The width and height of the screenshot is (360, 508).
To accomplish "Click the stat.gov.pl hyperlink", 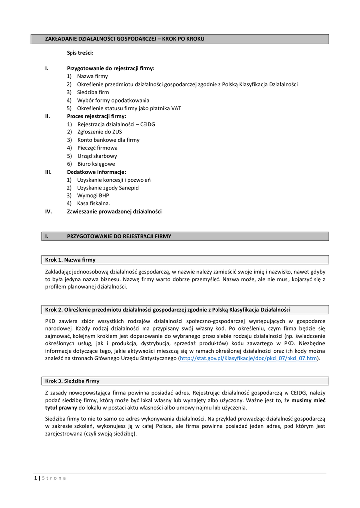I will (248, 358).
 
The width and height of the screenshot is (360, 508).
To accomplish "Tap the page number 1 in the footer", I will (36, 478).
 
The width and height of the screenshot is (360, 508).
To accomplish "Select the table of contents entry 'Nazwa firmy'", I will (92, 76).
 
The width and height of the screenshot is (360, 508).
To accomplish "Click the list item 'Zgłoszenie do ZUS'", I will (99, 132).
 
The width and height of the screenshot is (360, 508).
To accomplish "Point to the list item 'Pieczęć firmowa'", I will (97, 148).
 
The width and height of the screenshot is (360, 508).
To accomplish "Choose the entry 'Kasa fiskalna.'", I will (93, 203).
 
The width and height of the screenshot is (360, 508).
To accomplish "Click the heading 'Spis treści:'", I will (80, 52).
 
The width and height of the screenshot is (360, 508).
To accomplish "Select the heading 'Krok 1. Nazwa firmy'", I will (70, 260).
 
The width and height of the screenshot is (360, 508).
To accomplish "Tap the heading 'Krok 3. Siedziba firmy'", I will (72, 381).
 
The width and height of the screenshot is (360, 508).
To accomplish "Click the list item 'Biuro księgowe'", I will (96, 164).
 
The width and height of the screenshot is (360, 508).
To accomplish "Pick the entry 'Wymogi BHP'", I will (93, 195).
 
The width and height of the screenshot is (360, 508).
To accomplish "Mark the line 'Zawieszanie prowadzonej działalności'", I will (114, 211).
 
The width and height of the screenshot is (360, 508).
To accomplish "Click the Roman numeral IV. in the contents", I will (49, 211).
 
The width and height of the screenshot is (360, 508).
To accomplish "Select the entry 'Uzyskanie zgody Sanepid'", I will (108, 188).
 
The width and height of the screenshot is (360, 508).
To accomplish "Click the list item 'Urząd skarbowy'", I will (97, 156).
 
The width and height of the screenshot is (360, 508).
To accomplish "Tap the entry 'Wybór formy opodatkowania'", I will (113, 100).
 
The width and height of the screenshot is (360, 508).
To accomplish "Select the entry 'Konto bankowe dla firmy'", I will (108, 140).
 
